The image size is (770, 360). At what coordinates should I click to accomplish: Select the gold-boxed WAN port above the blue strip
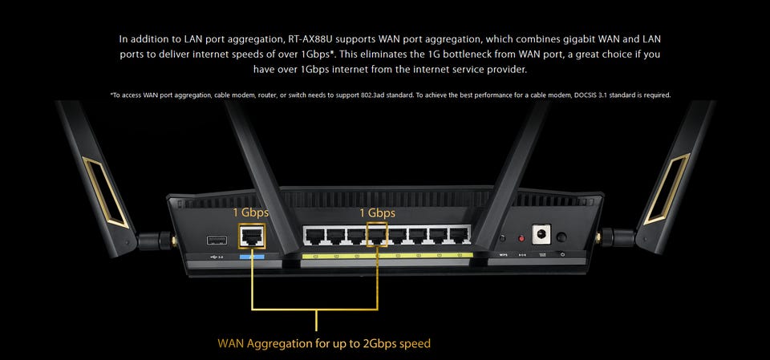(253, 237)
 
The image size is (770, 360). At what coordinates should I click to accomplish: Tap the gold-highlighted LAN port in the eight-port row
(376, 236)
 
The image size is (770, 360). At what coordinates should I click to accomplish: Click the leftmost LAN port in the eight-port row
(314, 236)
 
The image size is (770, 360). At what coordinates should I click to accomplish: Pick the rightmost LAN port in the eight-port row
(460, 236)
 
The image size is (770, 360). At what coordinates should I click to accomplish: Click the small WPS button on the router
(503, 238)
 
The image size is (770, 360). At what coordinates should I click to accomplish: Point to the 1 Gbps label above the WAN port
(250, 212)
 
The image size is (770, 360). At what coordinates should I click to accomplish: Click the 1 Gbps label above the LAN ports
(377, 212)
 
